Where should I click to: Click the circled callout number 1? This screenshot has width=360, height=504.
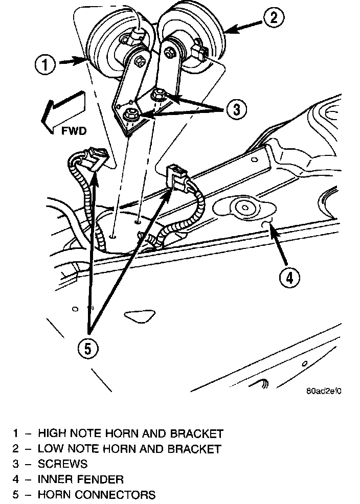click(46, 65)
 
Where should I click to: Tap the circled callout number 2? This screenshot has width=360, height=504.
click(274, 19)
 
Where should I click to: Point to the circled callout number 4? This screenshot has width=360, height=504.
click(289, 278)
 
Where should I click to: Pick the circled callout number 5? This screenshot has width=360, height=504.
click(88, 349)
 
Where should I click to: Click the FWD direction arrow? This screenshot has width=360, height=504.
click(61, 110)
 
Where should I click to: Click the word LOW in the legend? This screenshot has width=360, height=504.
click(51, 449)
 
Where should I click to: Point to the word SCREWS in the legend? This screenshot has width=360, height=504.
click(62, 464)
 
